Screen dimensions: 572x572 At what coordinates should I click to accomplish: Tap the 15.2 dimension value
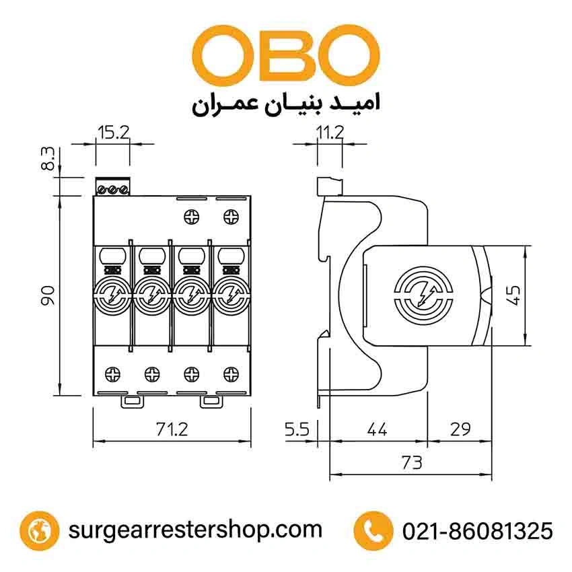point(112,133)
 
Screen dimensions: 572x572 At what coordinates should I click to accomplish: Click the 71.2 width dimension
point(171,429)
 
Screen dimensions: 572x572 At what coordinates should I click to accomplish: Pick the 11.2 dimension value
point(330,133)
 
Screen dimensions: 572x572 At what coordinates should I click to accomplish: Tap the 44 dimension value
point(378,429)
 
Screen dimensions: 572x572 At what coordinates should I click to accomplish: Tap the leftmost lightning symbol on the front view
point(109,295)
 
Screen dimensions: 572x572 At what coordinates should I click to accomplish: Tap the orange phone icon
point(373,530)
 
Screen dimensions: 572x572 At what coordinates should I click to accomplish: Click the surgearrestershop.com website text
point(195,530)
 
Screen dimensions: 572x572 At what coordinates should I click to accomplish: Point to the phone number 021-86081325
point(477,531)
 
